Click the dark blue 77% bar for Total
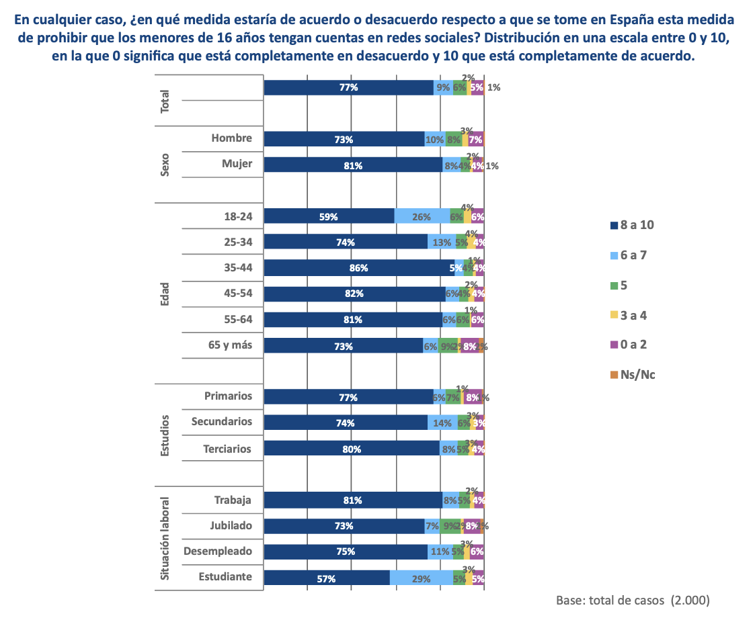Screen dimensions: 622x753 (x=348, y=87)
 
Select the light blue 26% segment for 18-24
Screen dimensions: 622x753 (x=422, y=216)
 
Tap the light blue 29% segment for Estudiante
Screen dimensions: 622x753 (x=422, y=578)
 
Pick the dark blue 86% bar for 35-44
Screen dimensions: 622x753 (x=359, y=268)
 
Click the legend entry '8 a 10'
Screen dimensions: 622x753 (x=632, y=225)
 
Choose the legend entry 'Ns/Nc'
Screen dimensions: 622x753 (x=632, y=374)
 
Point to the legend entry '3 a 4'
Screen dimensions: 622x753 (x=632, y=315)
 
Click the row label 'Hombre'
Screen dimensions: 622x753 (x=231, y=138)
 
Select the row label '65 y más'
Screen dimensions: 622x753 (x=230, y=345)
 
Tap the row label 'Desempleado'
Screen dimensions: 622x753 (x=218, y=551)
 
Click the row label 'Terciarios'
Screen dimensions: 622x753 (x=227, y=448)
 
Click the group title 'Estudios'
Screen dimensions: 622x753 (x=165, y=435)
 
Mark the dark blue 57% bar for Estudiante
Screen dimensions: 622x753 (x=327, y=578)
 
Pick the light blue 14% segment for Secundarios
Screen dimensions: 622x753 (x=442, y=423)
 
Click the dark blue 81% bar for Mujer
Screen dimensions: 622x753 (x=353, y=165)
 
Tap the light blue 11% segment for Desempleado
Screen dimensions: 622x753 (x=440, y=551)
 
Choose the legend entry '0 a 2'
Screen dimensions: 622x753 (x=632, y=345)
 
